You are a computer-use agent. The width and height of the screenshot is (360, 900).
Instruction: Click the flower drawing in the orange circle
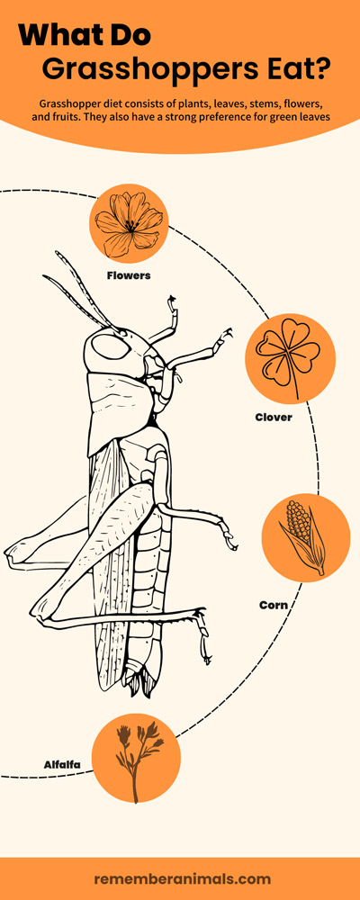(x=129, y=223)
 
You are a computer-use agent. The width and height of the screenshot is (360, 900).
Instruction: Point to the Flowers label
(x=129, y=275)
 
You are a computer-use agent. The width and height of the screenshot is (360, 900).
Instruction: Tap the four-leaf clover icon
(x=288, y=355)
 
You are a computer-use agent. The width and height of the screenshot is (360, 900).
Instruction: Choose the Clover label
(x=274, y=418)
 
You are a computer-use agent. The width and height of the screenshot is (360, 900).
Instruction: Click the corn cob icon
(x=303, y=536)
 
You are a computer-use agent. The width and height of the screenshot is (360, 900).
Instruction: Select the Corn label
(x=274, y=605)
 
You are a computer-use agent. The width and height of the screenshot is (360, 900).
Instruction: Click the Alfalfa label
(x=62, y=764)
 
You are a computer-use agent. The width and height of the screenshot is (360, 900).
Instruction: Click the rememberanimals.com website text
(x=182, y=878)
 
